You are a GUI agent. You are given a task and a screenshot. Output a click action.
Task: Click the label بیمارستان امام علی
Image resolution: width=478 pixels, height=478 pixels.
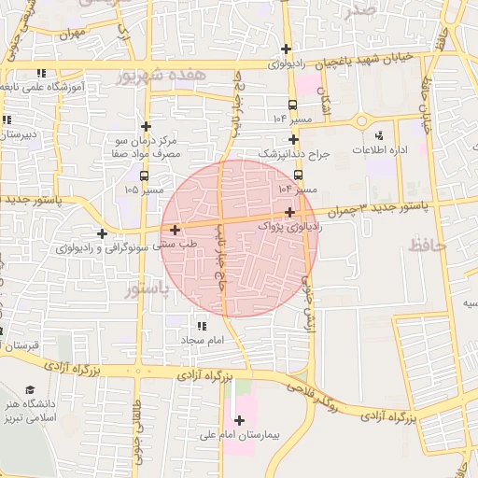239,435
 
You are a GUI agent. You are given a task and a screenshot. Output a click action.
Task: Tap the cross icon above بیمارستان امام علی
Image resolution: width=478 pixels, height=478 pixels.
240,420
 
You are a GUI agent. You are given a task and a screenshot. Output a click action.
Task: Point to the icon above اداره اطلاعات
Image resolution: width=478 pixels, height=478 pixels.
378,136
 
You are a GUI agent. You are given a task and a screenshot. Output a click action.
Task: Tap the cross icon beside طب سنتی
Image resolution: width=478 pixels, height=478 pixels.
175,229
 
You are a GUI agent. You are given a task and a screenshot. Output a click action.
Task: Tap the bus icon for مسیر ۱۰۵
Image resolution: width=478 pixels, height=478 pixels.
143,176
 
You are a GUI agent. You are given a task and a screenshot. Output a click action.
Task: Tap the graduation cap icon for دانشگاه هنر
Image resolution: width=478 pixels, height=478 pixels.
30,389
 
